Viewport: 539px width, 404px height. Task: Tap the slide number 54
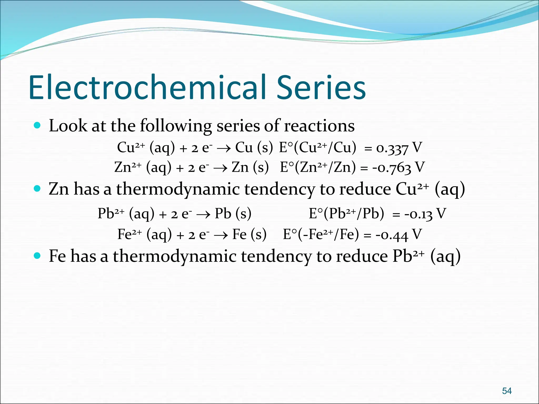(507, 391)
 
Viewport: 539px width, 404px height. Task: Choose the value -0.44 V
(398, 235)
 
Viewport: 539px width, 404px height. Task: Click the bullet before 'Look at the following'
(37, 125)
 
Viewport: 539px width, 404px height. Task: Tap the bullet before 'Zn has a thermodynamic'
(37, 189)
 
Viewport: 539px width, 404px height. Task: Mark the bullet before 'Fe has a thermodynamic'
(37, 255)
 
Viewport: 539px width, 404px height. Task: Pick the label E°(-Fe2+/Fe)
(321, 234)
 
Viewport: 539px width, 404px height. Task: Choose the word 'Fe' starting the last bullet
(57, 256)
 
